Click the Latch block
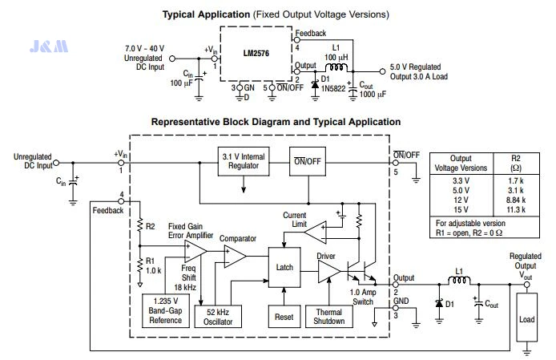[x=284, y=267]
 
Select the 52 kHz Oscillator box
[x=218, y=317]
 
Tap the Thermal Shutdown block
[x=329, y=317]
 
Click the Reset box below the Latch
[x=284, y=317]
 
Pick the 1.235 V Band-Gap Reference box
[x=166, y=310]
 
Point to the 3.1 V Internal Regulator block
[x=244, y=161]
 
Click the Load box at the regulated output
[x=526, y=317]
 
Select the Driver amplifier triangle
[x=328, y=272]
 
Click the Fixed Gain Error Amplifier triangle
[x=195, y=251]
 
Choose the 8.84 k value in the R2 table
[x=516, y=200]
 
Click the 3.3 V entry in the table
[x=461, y=180]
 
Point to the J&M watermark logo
[x=49, y=47]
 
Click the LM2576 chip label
[x=256, y=53]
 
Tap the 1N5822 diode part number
[x=333, y=88]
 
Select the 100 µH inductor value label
[x=336, y=57]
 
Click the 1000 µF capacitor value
[x=373, y=94]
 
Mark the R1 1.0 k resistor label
[x=154, y=265]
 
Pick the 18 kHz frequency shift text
[x=185, y=287]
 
